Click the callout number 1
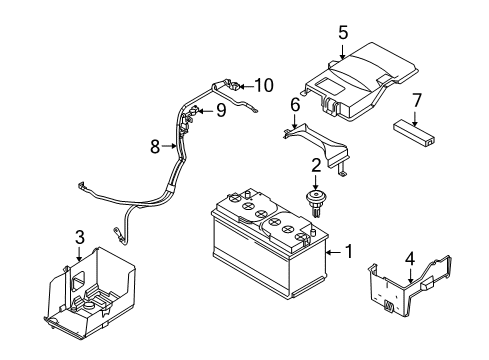(348, 251)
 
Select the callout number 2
(315, 165)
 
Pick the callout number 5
(343, 33)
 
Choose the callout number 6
(295, 104)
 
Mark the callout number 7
(417, 99)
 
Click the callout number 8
(155, 146)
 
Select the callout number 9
(220, 111)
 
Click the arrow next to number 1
(334, 251)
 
